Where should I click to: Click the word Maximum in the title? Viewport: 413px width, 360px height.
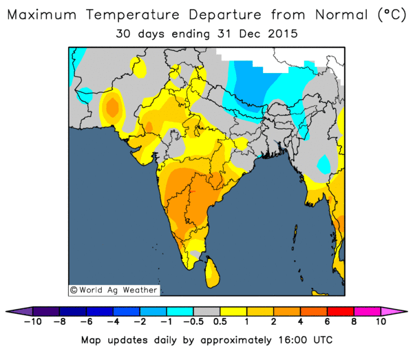click(42, 14)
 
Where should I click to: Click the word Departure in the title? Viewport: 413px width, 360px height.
click(225, 15)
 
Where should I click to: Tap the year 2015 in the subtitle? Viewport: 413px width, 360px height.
click(283, 34)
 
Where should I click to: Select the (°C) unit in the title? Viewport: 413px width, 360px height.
click(392, 14)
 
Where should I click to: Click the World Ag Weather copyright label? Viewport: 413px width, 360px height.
click(114, 290)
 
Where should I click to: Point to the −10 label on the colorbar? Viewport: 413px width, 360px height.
click(33, 321)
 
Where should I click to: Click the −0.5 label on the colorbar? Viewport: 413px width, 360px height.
click(193, 321)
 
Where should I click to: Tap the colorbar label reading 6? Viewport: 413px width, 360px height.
click(327, 321)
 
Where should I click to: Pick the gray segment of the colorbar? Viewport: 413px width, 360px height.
click(206, 312)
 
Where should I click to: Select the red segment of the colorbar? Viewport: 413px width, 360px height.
click(341, 312)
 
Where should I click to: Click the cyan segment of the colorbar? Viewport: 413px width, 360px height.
click(180, 312)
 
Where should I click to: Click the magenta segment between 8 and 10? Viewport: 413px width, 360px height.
click(367, 312)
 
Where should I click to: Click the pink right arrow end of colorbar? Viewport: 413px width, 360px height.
click(392, 312)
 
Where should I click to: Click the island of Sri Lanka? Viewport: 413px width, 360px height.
click(212, 273)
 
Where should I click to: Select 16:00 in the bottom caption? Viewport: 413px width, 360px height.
click(293, 340)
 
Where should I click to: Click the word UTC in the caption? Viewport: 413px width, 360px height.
click(323, 340)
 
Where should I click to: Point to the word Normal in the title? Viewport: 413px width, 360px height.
click(341, 14)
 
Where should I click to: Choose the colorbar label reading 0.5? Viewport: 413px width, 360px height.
click(220, 321)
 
